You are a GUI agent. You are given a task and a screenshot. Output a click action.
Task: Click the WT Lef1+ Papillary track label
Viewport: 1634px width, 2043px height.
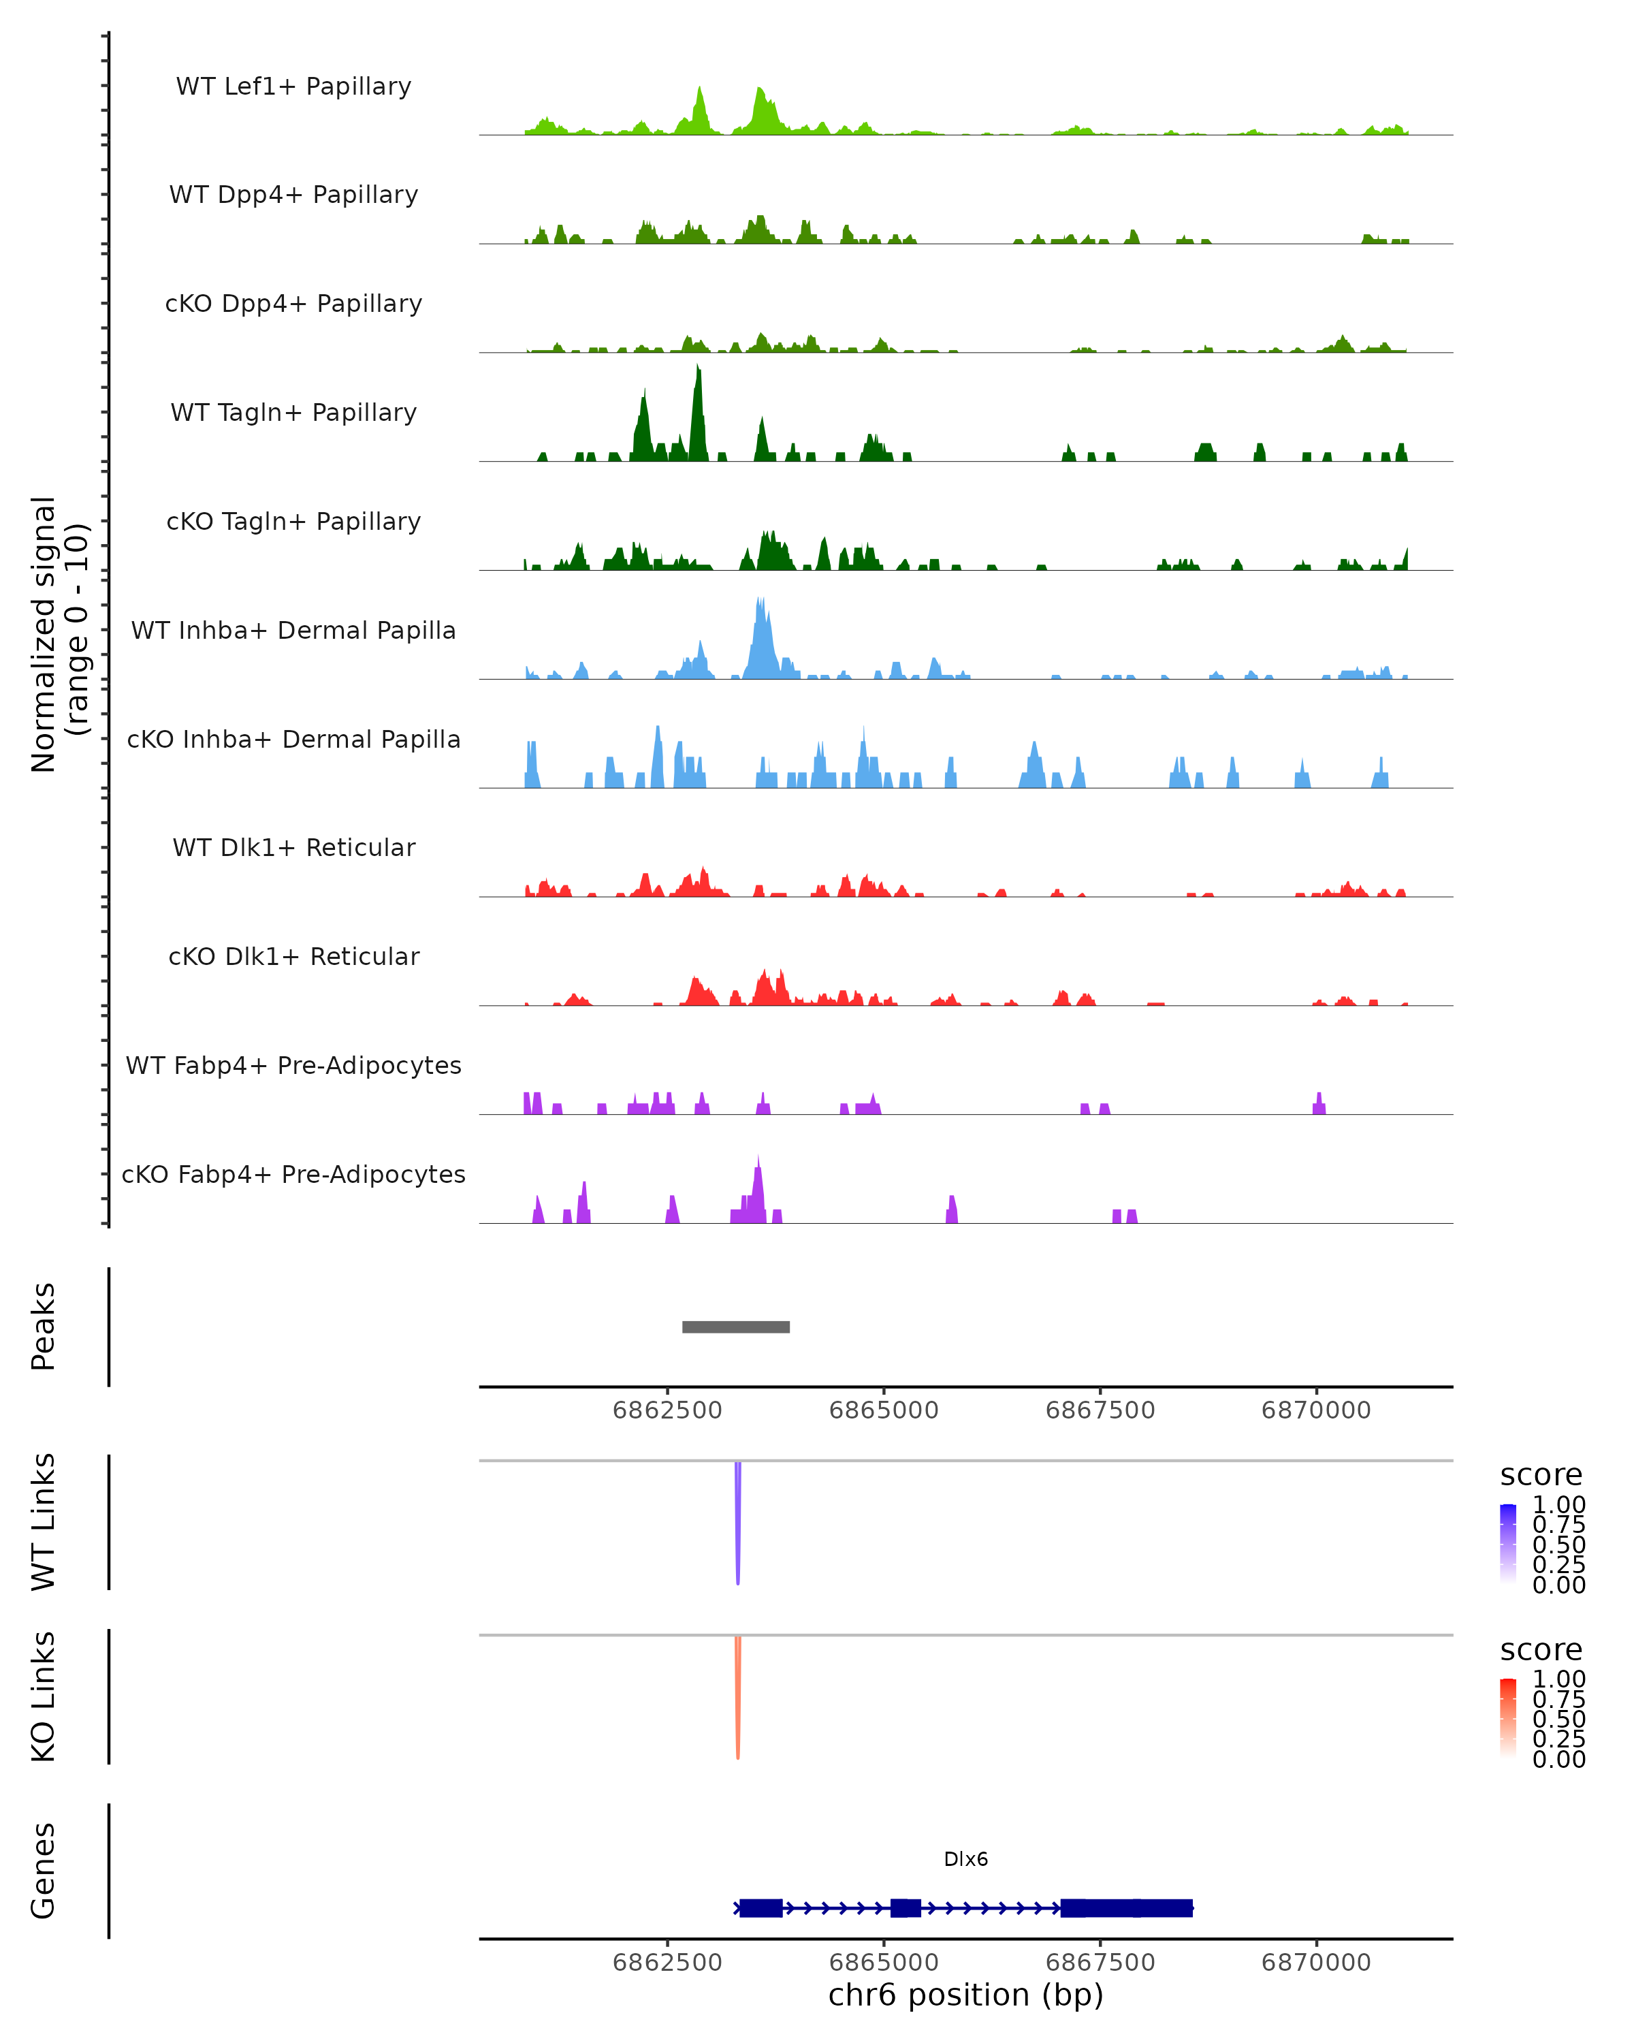(x=293, y=86)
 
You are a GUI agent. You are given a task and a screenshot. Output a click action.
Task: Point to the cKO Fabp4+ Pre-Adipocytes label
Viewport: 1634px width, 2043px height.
(x=293, y=1174)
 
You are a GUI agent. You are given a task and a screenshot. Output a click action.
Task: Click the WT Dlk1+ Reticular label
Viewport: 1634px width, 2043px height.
(x=293, y=847)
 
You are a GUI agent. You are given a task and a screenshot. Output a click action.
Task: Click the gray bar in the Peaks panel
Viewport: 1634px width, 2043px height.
(x=735, y=1327)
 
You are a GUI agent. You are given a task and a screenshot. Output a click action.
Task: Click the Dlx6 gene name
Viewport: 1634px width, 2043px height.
(x=965, y=1859)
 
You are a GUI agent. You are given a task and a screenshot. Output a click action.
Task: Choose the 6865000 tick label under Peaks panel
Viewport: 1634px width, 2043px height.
(x=883, y=1410)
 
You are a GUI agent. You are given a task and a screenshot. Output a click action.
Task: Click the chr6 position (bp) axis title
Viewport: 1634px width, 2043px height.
(x=965, y=1995)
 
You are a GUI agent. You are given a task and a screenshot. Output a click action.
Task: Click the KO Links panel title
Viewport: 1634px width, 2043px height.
(x=44, y=1696)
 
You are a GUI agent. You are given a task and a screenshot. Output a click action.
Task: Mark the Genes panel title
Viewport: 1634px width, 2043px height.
(x=44, y=1871)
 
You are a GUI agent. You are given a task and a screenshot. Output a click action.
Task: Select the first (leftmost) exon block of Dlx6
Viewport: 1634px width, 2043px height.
(x=760, y=1907)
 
